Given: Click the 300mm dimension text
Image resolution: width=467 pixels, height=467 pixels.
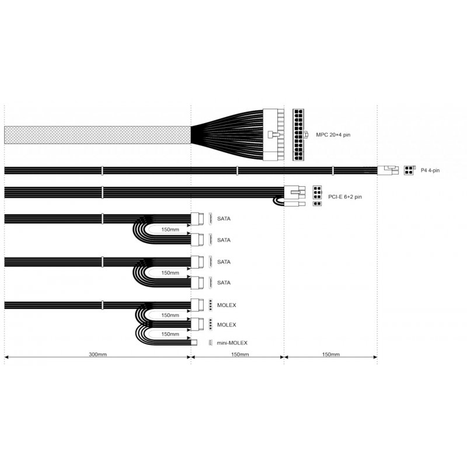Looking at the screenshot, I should tap(97, 354).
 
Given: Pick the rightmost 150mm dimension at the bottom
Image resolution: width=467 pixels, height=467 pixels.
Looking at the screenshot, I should tap(330, 354).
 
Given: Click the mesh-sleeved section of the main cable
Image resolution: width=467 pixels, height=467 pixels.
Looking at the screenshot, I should tap(97, 134).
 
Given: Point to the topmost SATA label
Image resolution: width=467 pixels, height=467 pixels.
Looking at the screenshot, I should tap(224, 219).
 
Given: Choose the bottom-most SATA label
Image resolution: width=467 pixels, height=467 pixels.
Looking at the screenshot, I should tap(224, 283).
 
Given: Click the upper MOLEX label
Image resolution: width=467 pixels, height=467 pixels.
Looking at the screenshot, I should tap(226, 305).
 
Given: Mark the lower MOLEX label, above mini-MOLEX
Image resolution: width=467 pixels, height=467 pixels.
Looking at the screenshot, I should tap(226, 324).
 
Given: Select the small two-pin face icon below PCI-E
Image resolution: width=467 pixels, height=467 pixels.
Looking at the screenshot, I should tap(317, 204).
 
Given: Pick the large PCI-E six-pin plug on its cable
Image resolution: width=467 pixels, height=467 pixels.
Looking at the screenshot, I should tap(293, 192).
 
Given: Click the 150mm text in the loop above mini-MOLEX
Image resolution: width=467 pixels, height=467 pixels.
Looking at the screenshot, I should tap(169, 334).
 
